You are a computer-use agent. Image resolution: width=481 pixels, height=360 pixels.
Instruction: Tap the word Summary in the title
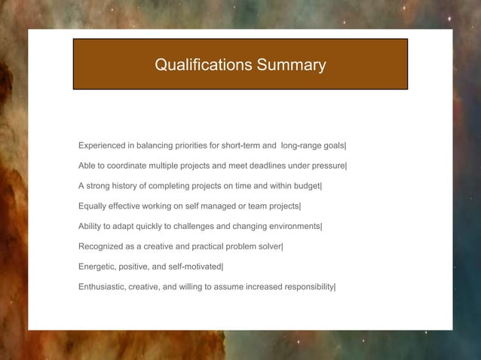pyautogui.click(x=291, y=66)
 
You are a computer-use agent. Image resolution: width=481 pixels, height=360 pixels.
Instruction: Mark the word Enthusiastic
pyautogui.click(x=103, y=287)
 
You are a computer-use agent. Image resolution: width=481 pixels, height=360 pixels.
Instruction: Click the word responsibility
pyautogui.click(x=305, y=287)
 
